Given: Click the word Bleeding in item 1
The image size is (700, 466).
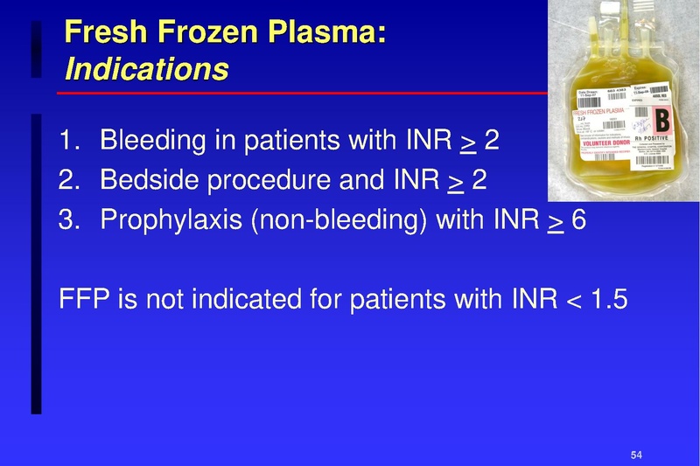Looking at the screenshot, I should (149, 140).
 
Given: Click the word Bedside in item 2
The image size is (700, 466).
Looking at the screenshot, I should (143, 180).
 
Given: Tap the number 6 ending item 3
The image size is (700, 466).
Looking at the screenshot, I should (579, 220).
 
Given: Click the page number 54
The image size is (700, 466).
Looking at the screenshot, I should (636, 455).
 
